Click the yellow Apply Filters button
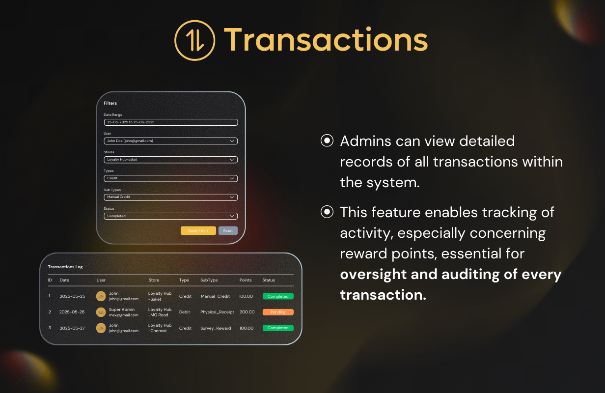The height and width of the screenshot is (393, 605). coord(198,231)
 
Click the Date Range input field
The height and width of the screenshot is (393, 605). coord(171,122)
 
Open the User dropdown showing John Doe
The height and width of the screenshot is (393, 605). coord(171,141)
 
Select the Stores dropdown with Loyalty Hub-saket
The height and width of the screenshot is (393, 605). coord(171,160)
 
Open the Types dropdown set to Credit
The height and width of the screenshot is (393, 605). coord(171,178)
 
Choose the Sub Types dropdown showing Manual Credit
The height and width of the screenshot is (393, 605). coord(171,197)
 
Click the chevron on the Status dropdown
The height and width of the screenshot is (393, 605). coord(232,216)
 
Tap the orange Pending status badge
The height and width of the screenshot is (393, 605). coord(278,312)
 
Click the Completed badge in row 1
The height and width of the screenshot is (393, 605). coord(278,296)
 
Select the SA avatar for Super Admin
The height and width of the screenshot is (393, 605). coord(101,312)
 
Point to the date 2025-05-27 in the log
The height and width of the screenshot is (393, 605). coord(72,328)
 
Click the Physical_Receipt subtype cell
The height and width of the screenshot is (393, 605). coord(217,312)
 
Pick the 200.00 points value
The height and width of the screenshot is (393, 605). coord(247,312)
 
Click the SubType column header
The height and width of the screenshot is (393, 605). coord(209,280)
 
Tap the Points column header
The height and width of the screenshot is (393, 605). coord(245,280)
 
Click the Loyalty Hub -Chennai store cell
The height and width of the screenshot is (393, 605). coord(160,328)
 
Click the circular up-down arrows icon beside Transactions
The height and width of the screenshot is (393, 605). coord(195,40)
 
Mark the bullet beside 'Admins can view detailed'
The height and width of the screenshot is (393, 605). coord(327,140)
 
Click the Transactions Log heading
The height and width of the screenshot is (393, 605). coord(65,267)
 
